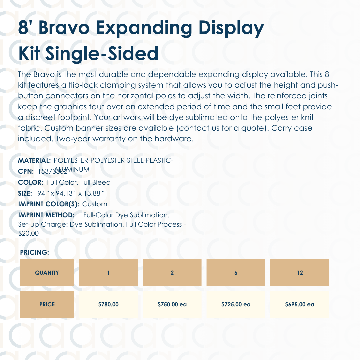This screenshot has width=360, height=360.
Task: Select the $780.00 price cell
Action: (108, 304)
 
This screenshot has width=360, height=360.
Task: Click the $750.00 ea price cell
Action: (172, 304)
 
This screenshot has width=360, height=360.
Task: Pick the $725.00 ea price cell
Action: (236, 304)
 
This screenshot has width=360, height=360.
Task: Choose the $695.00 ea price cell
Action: (300, 304)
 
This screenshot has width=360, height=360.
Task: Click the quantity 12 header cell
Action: (300, 273)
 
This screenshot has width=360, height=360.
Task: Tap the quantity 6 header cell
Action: (236, 273)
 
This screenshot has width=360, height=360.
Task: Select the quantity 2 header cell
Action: (172, 273)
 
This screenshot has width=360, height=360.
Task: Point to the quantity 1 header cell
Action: (108, 273)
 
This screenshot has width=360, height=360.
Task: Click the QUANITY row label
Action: (47, 273)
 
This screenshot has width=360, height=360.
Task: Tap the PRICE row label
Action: (47, 304)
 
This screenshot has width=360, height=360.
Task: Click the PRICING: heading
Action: (35, 252)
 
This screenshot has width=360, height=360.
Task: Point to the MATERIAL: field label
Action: (34, 160)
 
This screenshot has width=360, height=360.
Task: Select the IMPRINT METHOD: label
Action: (46, 215)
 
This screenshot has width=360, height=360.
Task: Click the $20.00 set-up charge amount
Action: (28, 234)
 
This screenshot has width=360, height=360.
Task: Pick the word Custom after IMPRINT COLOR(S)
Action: (95, 204)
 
